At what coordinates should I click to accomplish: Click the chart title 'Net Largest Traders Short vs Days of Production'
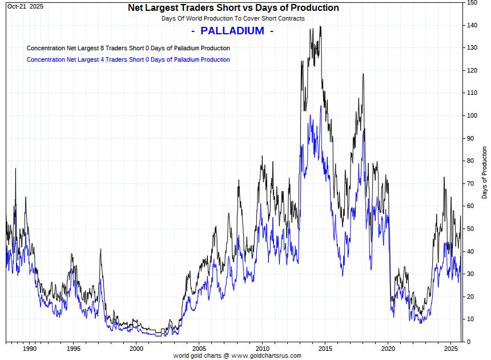[234, 8]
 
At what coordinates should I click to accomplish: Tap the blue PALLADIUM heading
[232, 31]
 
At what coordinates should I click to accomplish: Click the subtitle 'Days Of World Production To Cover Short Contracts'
[233, 18]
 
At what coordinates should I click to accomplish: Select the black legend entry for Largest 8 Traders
[128, 48]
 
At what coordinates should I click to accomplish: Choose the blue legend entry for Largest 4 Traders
[128, 59]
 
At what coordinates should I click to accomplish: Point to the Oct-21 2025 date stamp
[25, 6]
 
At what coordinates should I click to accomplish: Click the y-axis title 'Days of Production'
[485, 173]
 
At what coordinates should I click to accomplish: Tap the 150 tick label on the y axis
[472, 3]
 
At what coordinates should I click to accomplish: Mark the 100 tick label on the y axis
[472, 115]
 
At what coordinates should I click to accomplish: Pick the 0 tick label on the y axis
[469, 342]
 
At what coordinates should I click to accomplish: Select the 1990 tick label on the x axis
[30, 349]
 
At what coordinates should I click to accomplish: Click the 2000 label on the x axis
[136, 349]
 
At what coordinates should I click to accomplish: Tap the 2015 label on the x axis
[325, 349]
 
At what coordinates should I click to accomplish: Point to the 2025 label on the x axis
[451, 349]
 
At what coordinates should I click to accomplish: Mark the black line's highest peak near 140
[320, 26]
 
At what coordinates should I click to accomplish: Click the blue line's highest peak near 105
[312, 106]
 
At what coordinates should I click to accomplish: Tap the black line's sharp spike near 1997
[100, 249]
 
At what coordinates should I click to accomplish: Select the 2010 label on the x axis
[262, 349]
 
